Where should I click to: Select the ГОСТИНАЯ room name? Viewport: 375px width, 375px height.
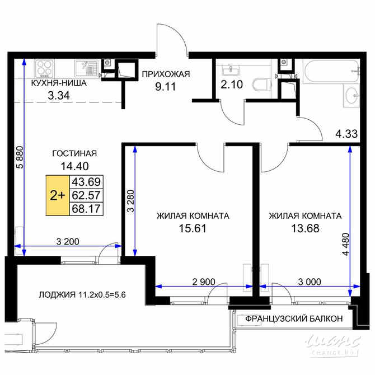(74, 153)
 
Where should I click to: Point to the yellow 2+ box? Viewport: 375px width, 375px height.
(57, 195)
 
